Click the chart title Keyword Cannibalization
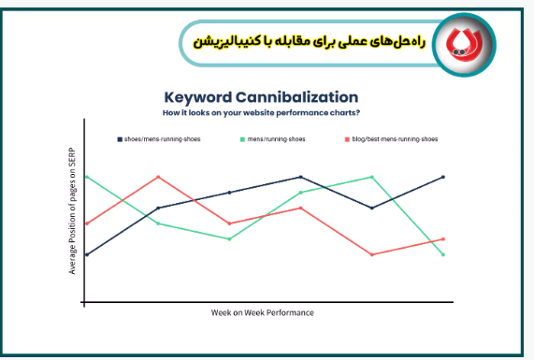(260, 96)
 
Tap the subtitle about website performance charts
(260, 113)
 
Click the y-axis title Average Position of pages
(73, 211)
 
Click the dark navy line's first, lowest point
(87, 254)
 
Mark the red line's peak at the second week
(159, 176)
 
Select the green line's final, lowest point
(443, 254)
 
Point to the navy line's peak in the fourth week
(301, 176)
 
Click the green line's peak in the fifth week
(372, 176)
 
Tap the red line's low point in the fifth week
(372, 254)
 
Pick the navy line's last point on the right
(443, 176)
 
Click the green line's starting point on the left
(87, 176)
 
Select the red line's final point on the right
(443, 238)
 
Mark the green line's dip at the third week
(230, 238)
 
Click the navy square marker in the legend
(120, 138)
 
